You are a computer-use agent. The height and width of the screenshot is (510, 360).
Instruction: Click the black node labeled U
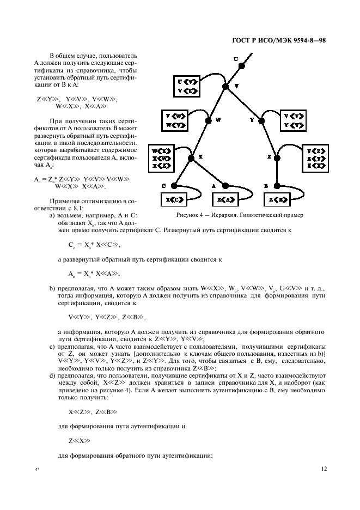(x=242, y=66)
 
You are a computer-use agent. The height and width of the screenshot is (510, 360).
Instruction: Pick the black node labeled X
(x=191, y=157)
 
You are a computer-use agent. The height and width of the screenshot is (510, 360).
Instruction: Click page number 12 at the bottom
(x=324, y=467)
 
